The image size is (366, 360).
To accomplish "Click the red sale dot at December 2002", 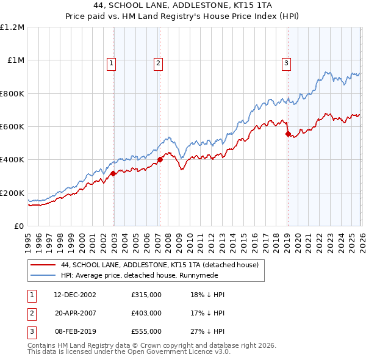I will tap(113, 173).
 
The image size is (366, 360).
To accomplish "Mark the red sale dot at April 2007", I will tap(160, 159).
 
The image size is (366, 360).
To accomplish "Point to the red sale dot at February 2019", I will tap(287, 134).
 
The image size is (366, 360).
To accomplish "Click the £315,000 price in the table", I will tap(146, 294).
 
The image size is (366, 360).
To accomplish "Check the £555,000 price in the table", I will tap(146, 331).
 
